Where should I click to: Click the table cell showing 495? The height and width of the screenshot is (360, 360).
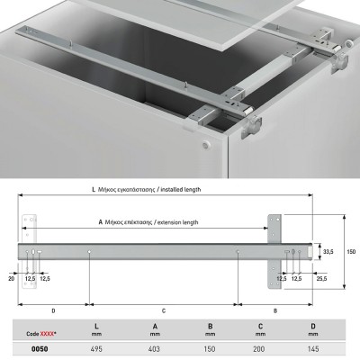pyautogui.click(x=96, y=349)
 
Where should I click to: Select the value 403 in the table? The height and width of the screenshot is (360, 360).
pyautogui.click(x=154, y=349)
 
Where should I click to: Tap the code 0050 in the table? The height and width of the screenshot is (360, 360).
pyautogui.click(x=40, y=349)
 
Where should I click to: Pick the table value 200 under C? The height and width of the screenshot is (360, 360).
pyautogui.click(x=258, y=349)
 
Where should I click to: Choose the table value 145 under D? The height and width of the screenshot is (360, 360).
pyautogui.click(x=313, y=349)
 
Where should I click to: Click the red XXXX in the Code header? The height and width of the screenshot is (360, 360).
pyautogui.click(x=47, y=334)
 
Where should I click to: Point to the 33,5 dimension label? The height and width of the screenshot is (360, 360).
pyautogui.click(x=328, y=252)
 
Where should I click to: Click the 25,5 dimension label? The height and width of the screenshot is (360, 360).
pyautogui.click(x=322, y=279)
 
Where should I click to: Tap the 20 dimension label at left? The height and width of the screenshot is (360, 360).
pyautogui.click(x=11, y=279)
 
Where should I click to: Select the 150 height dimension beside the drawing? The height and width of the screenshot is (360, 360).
pyautogui.click(x=351, y=251)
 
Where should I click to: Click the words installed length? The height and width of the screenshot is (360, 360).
pyautogui.click(x=181, y=190)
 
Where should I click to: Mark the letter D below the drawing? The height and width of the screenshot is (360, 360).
pyautogui.click(x=53, y=310)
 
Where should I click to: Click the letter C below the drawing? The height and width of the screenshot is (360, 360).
pyautogui.click(x=164, y=310)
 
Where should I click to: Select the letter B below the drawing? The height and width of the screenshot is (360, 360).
pyautogui.click(x=275, y=310)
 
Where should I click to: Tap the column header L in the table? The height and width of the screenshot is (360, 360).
pyautogui.click(x=96, y=326)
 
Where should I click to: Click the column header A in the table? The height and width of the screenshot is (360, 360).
pyautogui.click(x=155, y=326)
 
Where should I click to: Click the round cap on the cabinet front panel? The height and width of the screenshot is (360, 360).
pyautogui.click(x=206, y=145)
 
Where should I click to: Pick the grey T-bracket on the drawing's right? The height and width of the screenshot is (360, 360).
pyautogui.click(x=274, y=252)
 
